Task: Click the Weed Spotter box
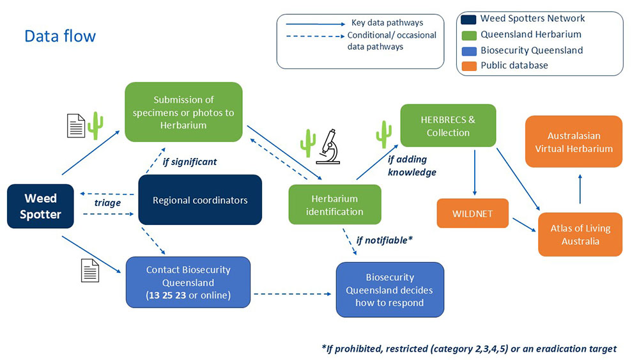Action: pyautogui.click(x=40, y=207)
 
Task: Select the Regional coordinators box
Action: pyautogui.click(x=200, y=200)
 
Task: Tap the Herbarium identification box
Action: pyautogui.click(x=334, y=205)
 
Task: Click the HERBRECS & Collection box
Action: pyautogui.click(x=448, y=126)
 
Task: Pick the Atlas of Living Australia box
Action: pyautogui.click(x=581, y=235)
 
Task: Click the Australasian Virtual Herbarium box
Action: pyautogui.click(x=580, y=142)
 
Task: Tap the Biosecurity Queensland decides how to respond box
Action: pyautogui.click(x=390, y=290)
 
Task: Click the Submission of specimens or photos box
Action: pyautogui.click(x=183, y=112)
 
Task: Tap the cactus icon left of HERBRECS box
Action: pyautogui.click(x=384, y=134)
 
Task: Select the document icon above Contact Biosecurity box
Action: pyautogui.click(x=90, y=270)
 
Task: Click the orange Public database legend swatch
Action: pyautogui.click(x=469, y=65)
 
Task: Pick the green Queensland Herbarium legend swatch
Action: pyautogui.click(x=469, y=35)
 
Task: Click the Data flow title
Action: pyautogui.click(x=60, y=36)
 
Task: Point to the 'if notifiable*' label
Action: pyautogui.click(x=384, y=241)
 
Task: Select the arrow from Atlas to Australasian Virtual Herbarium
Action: pyautogui.click(x=580, y=190)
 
